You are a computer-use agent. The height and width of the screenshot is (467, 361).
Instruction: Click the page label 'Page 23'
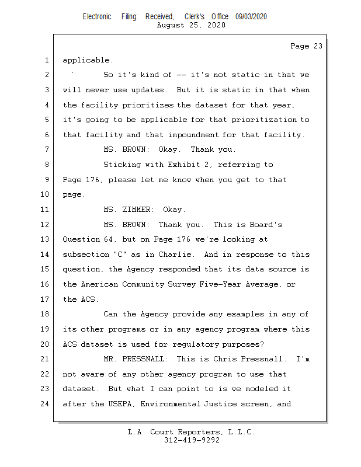point(306,46)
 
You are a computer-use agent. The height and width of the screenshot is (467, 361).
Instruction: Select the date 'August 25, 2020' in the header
point(192,25)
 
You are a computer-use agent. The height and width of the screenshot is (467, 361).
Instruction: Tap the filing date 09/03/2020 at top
point(251,17)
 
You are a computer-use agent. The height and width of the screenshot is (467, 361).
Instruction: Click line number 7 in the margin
point(46,149)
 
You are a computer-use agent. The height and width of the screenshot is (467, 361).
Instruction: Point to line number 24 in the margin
point(44,403)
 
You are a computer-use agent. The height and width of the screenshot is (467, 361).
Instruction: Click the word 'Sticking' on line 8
point(122,165)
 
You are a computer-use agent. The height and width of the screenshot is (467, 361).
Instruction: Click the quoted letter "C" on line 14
point(118,255)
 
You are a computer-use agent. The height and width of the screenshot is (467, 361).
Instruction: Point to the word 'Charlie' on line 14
point(173,255)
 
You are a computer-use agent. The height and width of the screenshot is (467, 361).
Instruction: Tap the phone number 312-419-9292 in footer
point(192,440)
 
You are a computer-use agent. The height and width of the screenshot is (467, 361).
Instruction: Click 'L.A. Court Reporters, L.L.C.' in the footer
point(192,432)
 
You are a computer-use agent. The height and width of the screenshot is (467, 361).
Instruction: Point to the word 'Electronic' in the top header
point(97,17)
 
